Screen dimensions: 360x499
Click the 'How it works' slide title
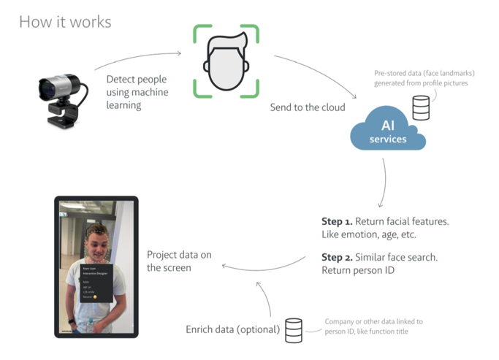(x=65, y=21)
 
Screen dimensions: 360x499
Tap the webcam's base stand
(x=64, y=117)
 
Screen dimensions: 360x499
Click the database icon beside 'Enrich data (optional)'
(x=294, y=329)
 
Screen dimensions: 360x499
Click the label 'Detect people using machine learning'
(x=137, y=92)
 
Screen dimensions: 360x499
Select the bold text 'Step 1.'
(x=338, y=221)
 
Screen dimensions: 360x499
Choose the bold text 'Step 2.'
(x=338, y=258)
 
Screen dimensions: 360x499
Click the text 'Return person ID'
(x=357, y=271)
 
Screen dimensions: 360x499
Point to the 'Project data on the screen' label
(x=179, y=261)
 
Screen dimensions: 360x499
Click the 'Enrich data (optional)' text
(x=232, y=330)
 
